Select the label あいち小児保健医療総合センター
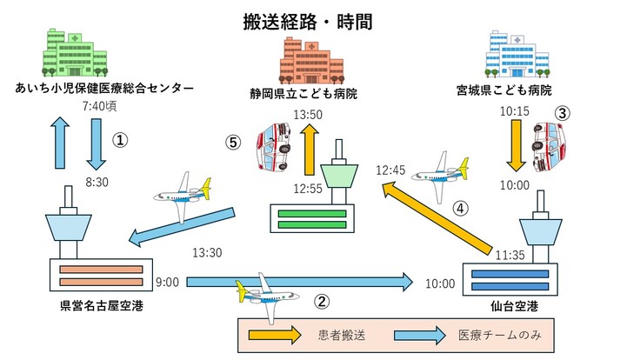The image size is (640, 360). pos(103,88)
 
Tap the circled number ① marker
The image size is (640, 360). pos(121,139)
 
